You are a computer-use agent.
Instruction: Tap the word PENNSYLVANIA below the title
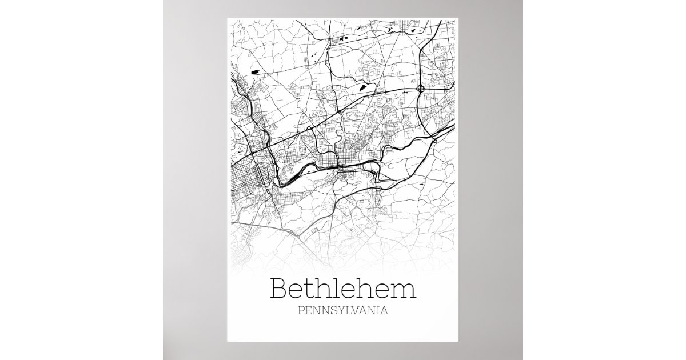(x=343, y=312)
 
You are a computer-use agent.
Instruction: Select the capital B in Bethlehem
(x=280, y=289)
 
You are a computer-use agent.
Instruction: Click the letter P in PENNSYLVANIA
(x=301, y=312)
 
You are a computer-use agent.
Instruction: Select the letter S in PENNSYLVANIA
(x=332, y=312)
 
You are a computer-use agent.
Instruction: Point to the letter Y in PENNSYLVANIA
(x=339, y=312)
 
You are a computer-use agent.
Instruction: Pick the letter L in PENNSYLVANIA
(x=346, y=312)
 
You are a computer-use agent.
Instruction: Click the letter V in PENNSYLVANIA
(x=354, y=312)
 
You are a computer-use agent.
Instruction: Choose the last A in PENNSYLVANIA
(x=385, y=312)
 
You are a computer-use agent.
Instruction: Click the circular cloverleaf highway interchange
(x=421, y=89)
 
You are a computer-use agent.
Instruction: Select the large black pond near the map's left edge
(x=254, y=72)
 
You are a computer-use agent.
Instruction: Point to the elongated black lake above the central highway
(x=362, y=88)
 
